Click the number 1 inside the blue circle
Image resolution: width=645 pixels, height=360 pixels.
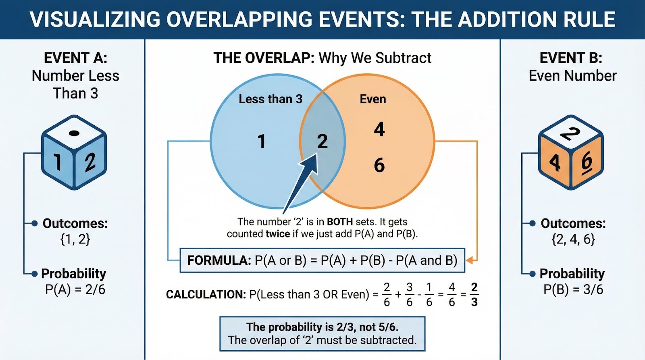tap(262, 142)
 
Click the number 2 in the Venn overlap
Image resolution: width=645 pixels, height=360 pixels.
tap(322, 142)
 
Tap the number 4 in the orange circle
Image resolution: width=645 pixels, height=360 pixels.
tap(379, 129)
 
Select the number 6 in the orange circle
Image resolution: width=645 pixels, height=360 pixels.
tap(379, 165)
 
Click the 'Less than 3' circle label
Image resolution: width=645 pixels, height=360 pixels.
tap(270, 99)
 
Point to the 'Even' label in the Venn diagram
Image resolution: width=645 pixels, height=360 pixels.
tap(372, 99)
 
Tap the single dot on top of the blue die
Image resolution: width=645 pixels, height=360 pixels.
tap(74, 133)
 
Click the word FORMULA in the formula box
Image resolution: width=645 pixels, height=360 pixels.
tap(219, 260)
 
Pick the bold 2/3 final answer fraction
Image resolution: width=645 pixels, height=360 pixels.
tap(474, 294)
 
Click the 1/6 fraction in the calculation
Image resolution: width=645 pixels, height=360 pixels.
tap(429, 294)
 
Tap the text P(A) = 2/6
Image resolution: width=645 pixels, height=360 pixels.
tap(75, 289)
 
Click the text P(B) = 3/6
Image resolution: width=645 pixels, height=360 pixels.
tap(573, 289)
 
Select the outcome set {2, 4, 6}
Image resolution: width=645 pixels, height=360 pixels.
tap(573, 239)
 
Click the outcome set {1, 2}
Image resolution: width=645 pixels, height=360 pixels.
tap(75, 239)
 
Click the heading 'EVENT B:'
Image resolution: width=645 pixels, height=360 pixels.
tap(570, 58)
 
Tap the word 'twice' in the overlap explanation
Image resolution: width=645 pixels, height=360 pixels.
tap(278, 234)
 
